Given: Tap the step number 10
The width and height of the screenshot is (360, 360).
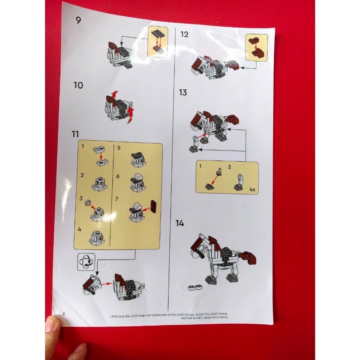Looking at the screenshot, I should click(78, 85).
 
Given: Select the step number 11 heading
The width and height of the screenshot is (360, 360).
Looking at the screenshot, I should click(75, 134).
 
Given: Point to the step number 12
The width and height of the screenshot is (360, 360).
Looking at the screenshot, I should click(184, 34).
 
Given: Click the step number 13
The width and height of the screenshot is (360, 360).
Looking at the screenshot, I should click(183, 93).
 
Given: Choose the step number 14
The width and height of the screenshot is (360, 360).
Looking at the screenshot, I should click(180, 223).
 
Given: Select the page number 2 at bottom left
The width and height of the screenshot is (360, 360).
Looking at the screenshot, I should click(64, 314).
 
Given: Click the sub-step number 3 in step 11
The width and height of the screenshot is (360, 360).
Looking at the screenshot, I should click(81, 198).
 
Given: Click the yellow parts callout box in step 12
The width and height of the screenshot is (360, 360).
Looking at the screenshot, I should click(257, 47).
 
